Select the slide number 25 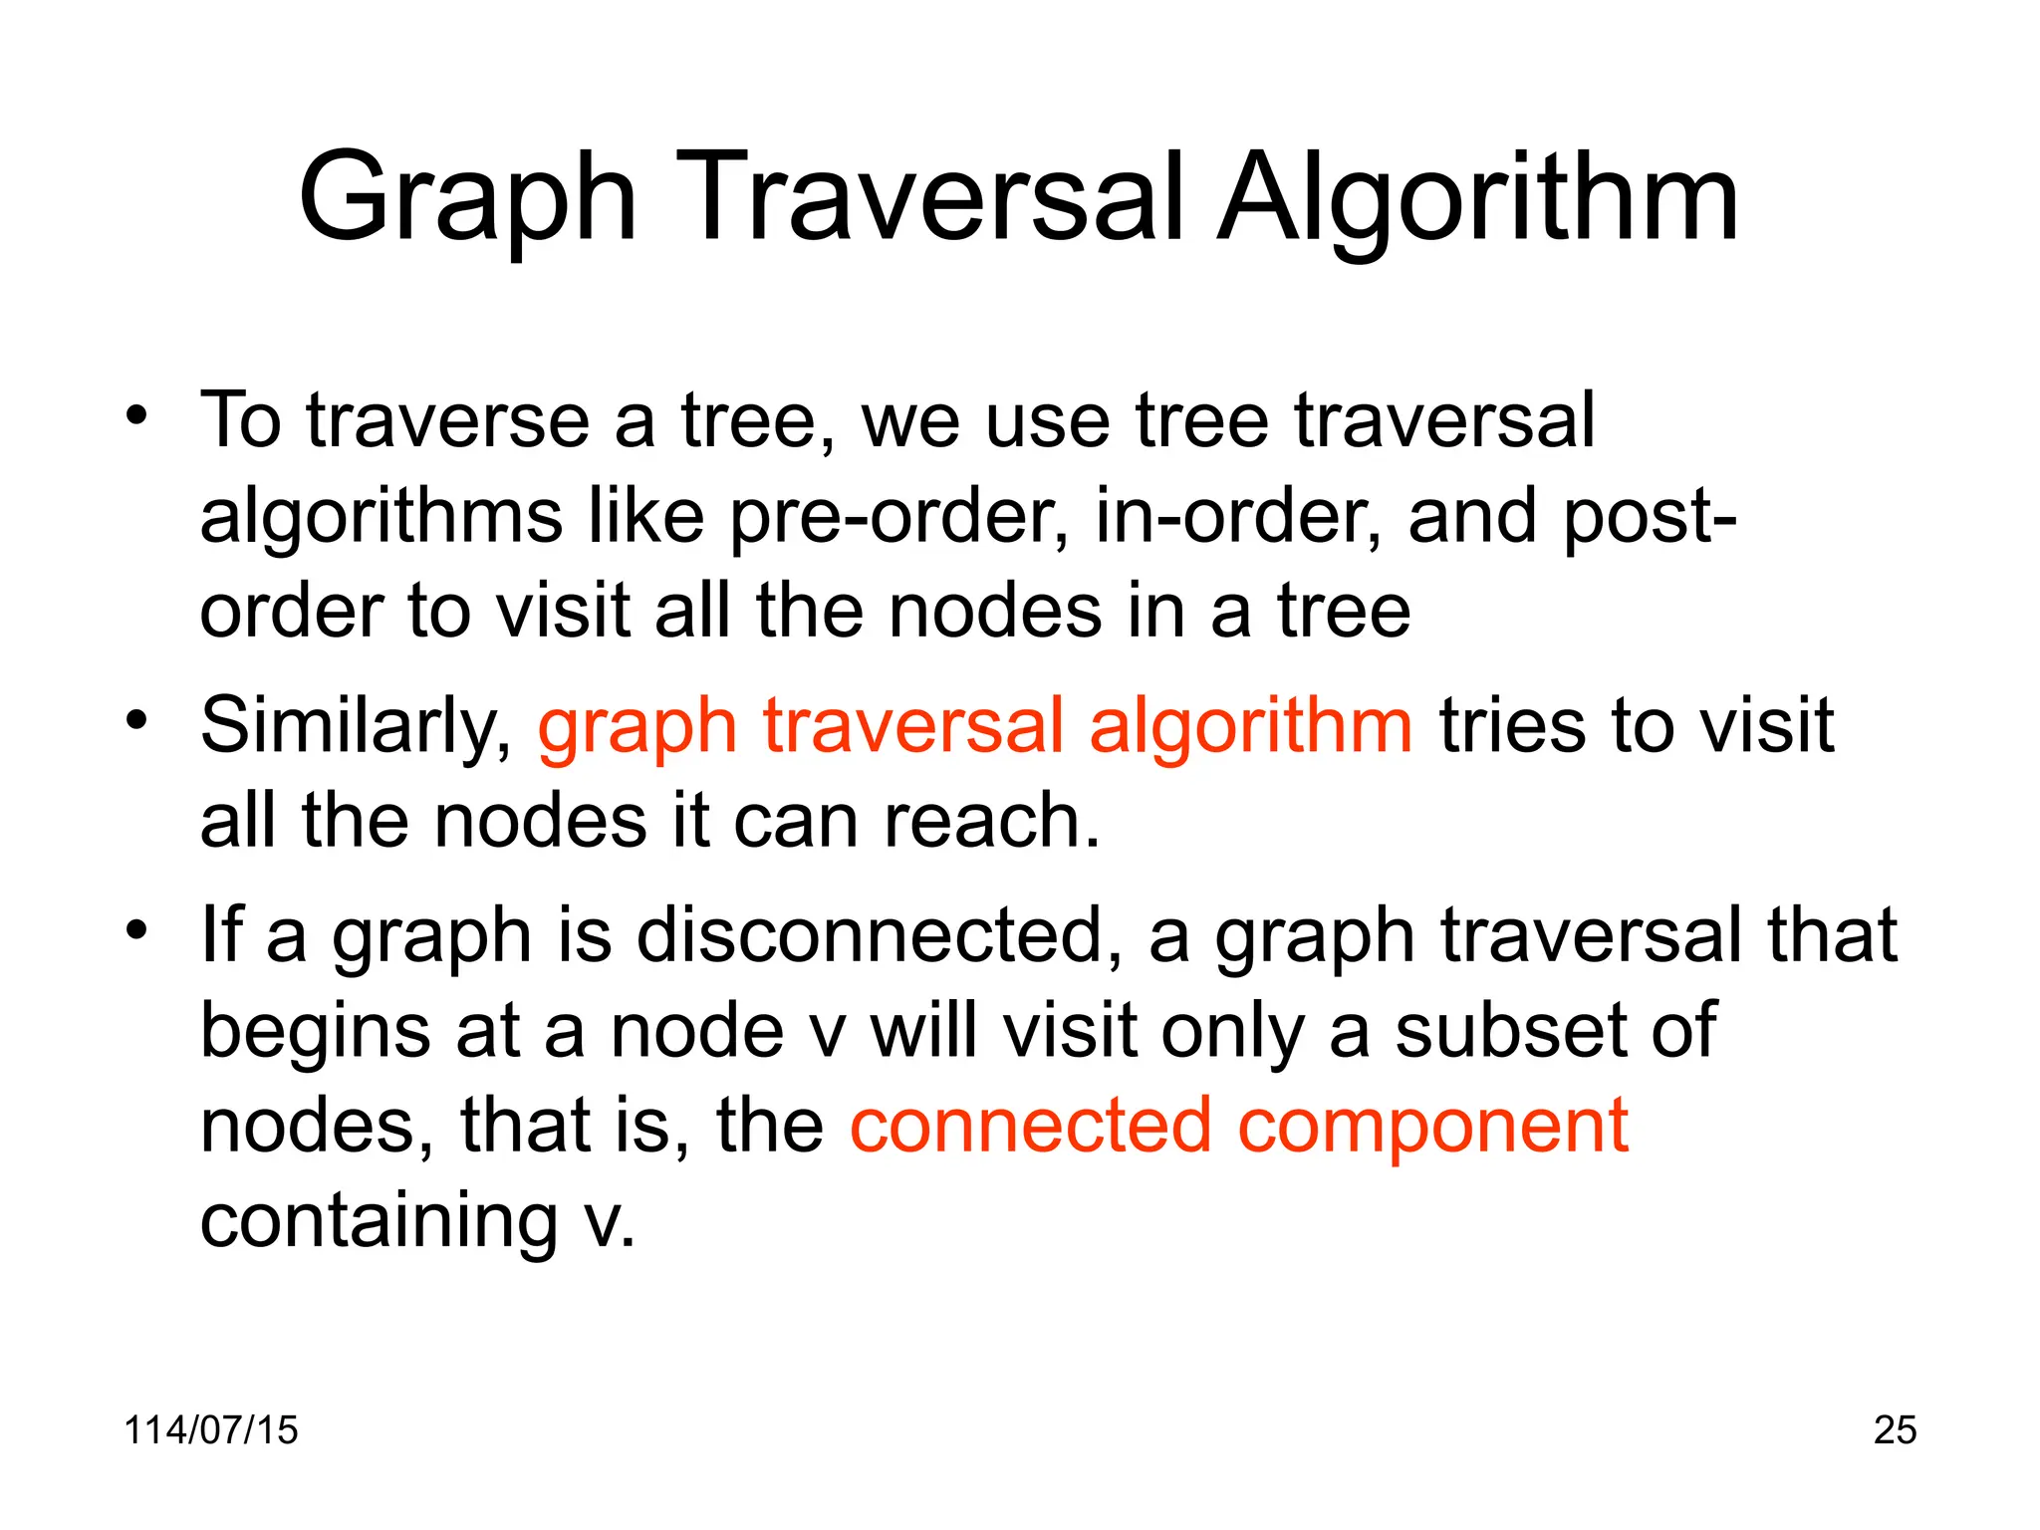(1895, 1429)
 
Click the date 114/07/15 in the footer (210, 1429)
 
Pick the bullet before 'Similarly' (136, 718)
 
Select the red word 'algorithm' (1250, 725)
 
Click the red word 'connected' (1030, 1126)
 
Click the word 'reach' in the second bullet (991, 821)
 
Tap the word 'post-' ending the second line (1650, 518)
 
